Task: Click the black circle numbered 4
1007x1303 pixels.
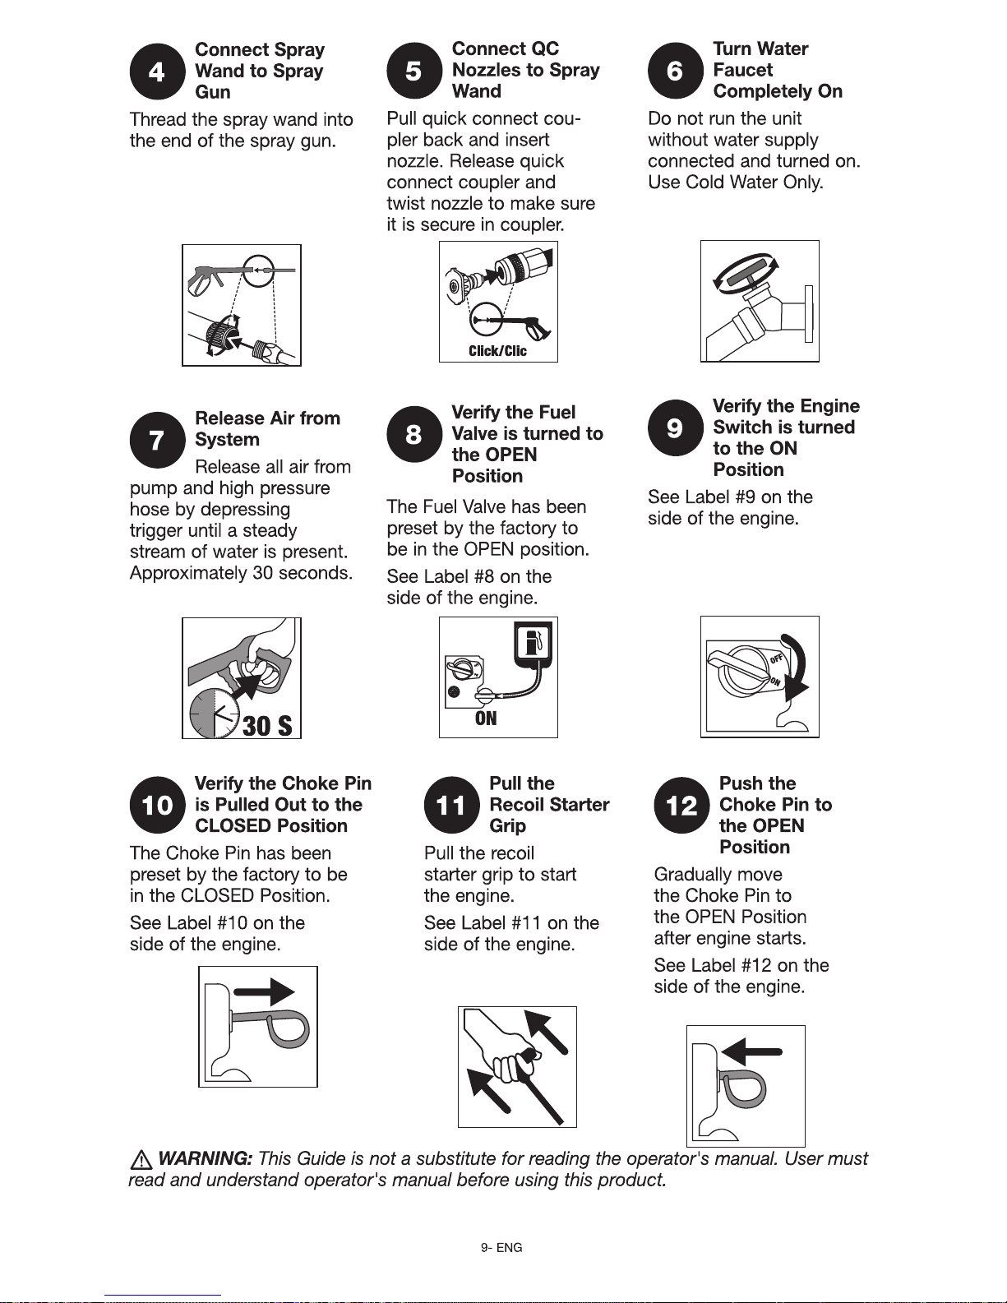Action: [x=157, y=72]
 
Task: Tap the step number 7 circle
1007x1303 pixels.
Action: [x=157, y=440]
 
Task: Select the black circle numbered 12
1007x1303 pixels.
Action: [x=681, y=805]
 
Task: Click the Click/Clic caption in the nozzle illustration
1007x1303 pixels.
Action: [x=497, y=351]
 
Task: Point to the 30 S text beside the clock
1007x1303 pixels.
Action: [x=267, y=726]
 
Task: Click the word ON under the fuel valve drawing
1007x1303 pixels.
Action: [x=486, y=718]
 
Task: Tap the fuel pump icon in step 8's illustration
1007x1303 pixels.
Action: [x=533, y=644]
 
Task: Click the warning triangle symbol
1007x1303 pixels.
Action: [x=141, y=1160]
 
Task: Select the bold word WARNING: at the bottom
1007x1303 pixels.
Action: [x=205, y=1158]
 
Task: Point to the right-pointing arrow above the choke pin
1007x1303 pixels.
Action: [x=264, y=991]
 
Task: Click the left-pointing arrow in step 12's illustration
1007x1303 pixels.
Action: [x=752, y=1051]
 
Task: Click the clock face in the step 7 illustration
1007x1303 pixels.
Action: [x=215, y=714]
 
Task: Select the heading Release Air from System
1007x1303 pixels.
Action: [x=267, y=428]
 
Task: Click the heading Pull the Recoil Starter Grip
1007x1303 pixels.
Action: [x=549, y=804]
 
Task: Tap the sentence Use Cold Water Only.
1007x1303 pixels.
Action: [x=736, y=182]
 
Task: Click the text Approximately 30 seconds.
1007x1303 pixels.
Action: [x=241, y=573]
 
